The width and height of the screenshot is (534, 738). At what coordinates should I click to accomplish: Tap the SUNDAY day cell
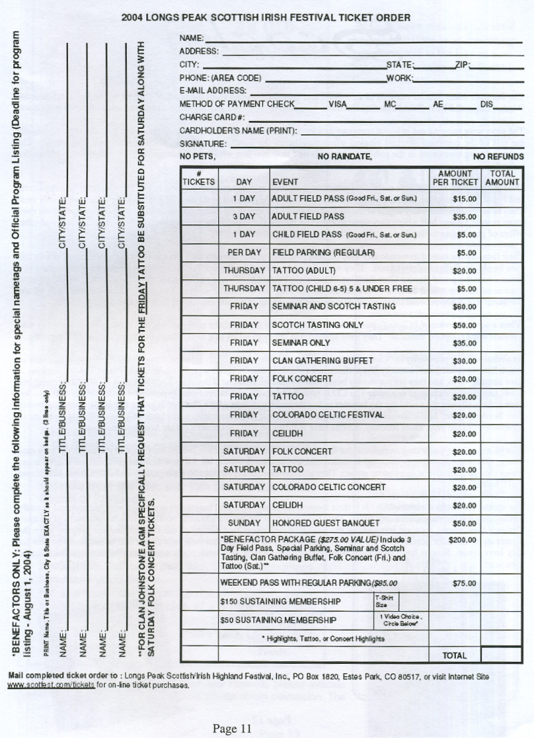[x=244, y=522]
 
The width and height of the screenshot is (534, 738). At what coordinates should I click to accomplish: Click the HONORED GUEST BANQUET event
[x=326, y=522]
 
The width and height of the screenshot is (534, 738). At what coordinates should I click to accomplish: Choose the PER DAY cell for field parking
[x=244, y=253]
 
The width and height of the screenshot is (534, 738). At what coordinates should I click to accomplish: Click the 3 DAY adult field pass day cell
[x=244, y=216]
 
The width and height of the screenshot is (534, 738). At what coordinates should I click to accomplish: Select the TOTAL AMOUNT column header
[x=502, y=178]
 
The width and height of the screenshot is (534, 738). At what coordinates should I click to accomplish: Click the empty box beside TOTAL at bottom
[x=501, y=655]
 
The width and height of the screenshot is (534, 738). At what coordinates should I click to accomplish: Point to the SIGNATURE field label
[x=203, y=144]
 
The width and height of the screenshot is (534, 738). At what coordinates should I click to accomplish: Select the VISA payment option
[x=338, y=104]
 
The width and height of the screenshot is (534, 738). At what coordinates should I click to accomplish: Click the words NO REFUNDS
[x=498, y=157]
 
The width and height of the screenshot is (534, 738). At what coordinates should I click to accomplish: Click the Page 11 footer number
[x=232, y=729]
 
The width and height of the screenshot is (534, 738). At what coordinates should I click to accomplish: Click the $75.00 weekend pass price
[x=464, y=583]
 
